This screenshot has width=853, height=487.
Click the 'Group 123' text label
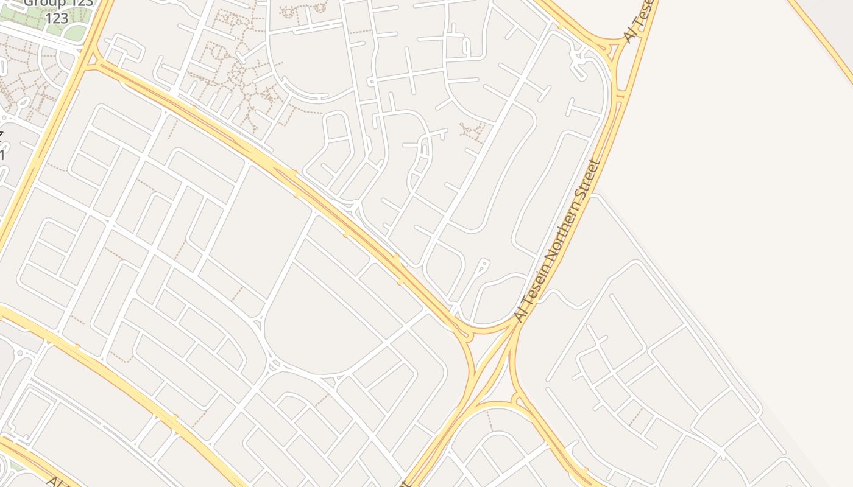click(x=58, y=3)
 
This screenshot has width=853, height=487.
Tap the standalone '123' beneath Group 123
click(x=57, y=18)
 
